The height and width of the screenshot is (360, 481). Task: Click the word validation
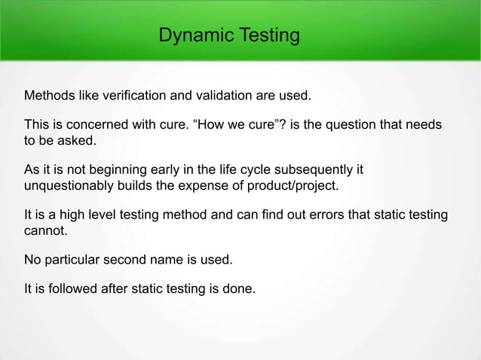tap(215, 96)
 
